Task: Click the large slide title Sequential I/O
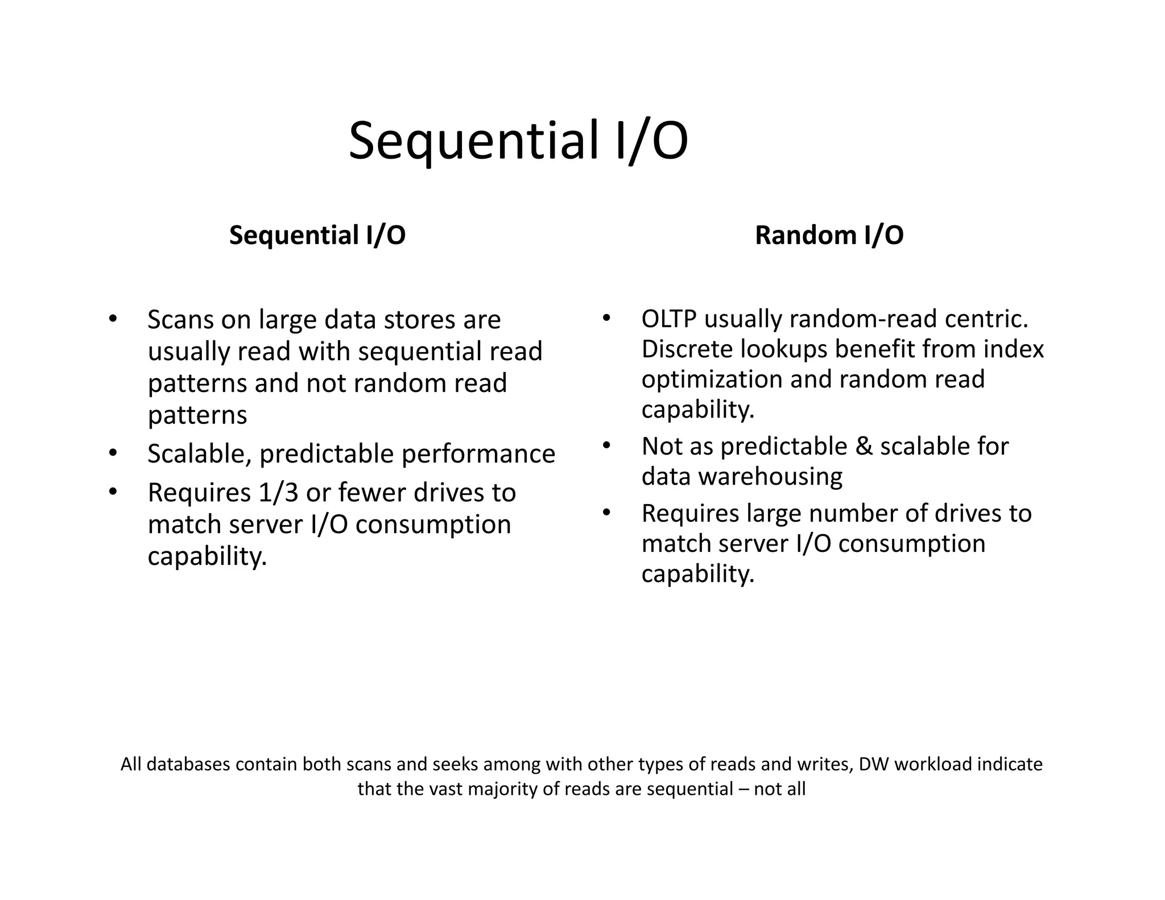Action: pos(518,141)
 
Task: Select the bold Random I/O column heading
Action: pos(829,235)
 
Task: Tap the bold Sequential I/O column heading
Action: pos(317,235)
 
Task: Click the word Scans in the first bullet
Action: pos(180,320)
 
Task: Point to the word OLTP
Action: pos(669,319)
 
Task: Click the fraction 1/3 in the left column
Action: pos(278,493)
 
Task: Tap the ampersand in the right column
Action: pos(864,446)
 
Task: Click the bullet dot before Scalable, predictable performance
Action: pos(113,453)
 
